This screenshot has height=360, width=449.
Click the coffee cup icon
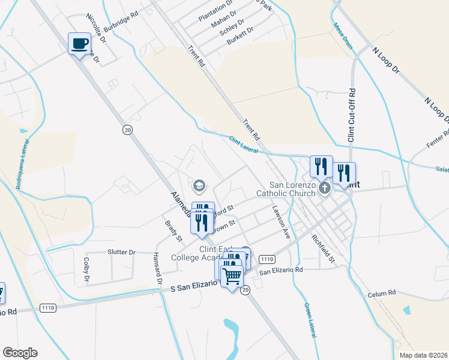pyautogui.click(x=79, y=43)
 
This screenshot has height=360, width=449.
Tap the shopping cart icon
pyautogui.click(x=232, y=276)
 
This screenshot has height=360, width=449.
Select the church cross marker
pyautogui.click(x=325, y=188)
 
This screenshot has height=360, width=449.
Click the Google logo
pyautogui.click(x=20, y=353)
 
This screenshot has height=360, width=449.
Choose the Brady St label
pyautogui.click(x=173, y=231)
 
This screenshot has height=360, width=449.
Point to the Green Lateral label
pyautogui.click(x=309, y=319)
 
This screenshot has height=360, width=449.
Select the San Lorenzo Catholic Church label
pyautogui.click(x=285, y=189)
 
